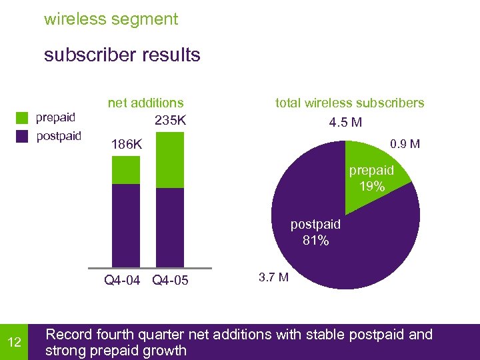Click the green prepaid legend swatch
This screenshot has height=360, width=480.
[23, 118]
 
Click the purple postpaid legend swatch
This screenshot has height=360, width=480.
[23, 137]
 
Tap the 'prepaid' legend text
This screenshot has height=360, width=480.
[55, 118]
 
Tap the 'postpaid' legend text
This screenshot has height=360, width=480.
[58, 137]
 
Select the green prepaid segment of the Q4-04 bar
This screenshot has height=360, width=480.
[126, 170]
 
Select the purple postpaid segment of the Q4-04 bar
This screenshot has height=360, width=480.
[126, 225]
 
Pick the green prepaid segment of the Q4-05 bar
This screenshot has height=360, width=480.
[169, 160]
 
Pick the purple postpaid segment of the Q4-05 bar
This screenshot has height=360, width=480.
[169, 227]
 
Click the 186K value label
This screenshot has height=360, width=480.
[127, 143]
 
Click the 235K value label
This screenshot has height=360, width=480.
[170, 121]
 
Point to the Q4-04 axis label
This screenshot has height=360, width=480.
[122, 281]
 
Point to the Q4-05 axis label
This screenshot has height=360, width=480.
[170, 281]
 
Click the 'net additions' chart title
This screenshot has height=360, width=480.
[145, 103]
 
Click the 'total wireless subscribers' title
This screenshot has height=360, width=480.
[349, 103]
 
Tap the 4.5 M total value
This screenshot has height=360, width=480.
[346, 123]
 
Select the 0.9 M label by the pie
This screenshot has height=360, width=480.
[405, 143]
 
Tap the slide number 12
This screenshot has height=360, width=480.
[14, 342]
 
